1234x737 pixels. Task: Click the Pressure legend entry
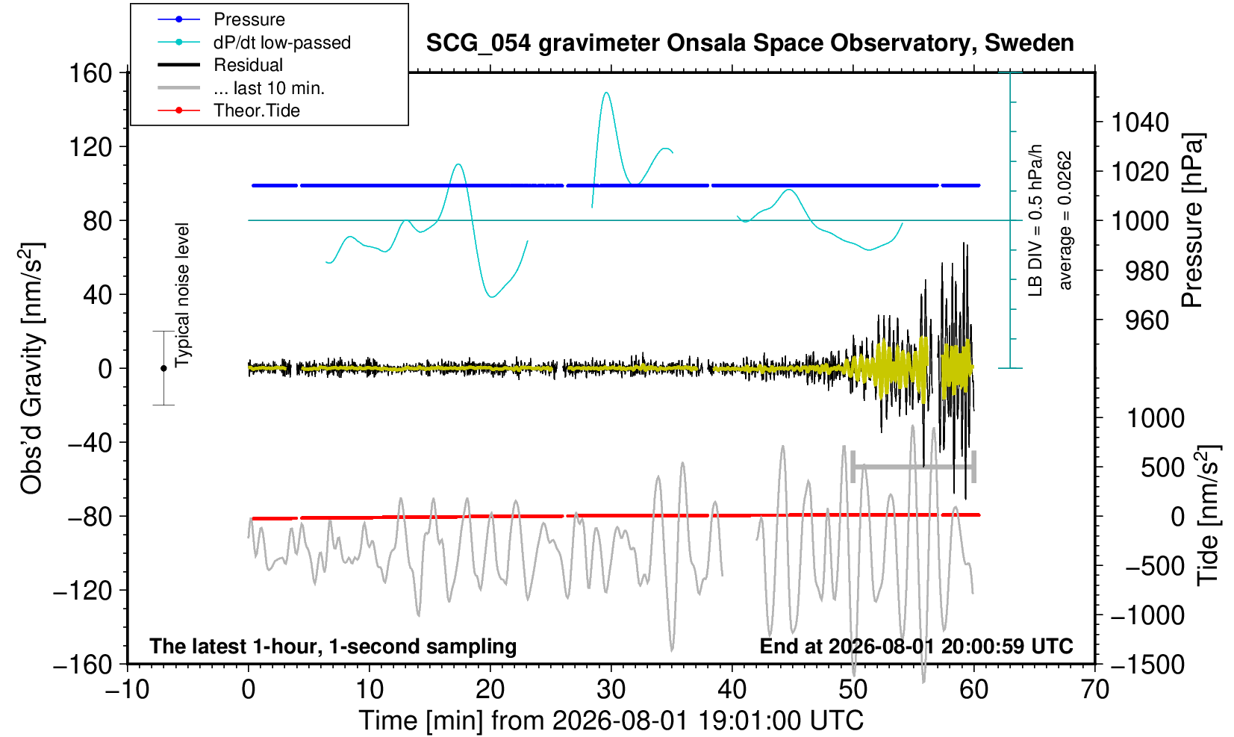(x=249, y=20)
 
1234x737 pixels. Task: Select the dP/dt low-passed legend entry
(x=282, y=43)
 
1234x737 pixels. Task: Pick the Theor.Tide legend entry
(x=257, y=111)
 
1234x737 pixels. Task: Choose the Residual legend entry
(x=248, y=65)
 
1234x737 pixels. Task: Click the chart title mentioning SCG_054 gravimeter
(x=750, y=43)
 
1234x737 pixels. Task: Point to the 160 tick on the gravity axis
(x=90, y=73)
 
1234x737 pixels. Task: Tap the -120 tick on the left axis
(x=83, y=591)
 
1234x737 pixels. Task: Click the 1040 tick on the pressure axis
(x=1140, y=122)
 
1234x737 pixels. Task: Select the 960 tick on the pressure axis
(x=1147, y=320)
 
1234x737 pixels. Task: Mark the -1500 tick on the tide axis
(x=1147, y=665)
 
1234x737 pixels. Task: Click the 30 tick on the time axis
(x=611, y=690)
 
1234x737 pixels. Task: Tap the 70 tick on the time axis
(x=1094, y=690)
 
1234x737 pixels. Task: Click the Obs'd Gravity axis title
(x=31, y=368)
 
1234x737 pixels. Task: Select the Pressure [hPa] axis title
(x=1194, y=220)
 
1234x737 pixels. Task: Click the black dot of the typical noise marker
(x=163, y=368)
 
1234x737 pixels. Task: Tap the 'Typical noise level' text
(x=182, y=296)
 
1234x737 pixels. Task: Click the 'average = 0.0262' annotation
(x=1065, y=220)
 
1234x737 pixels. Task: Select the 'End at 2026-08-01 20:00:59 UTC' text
(x=916, y=646)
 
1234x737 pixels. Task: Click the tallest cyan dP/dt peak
(x=606, y=93)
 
